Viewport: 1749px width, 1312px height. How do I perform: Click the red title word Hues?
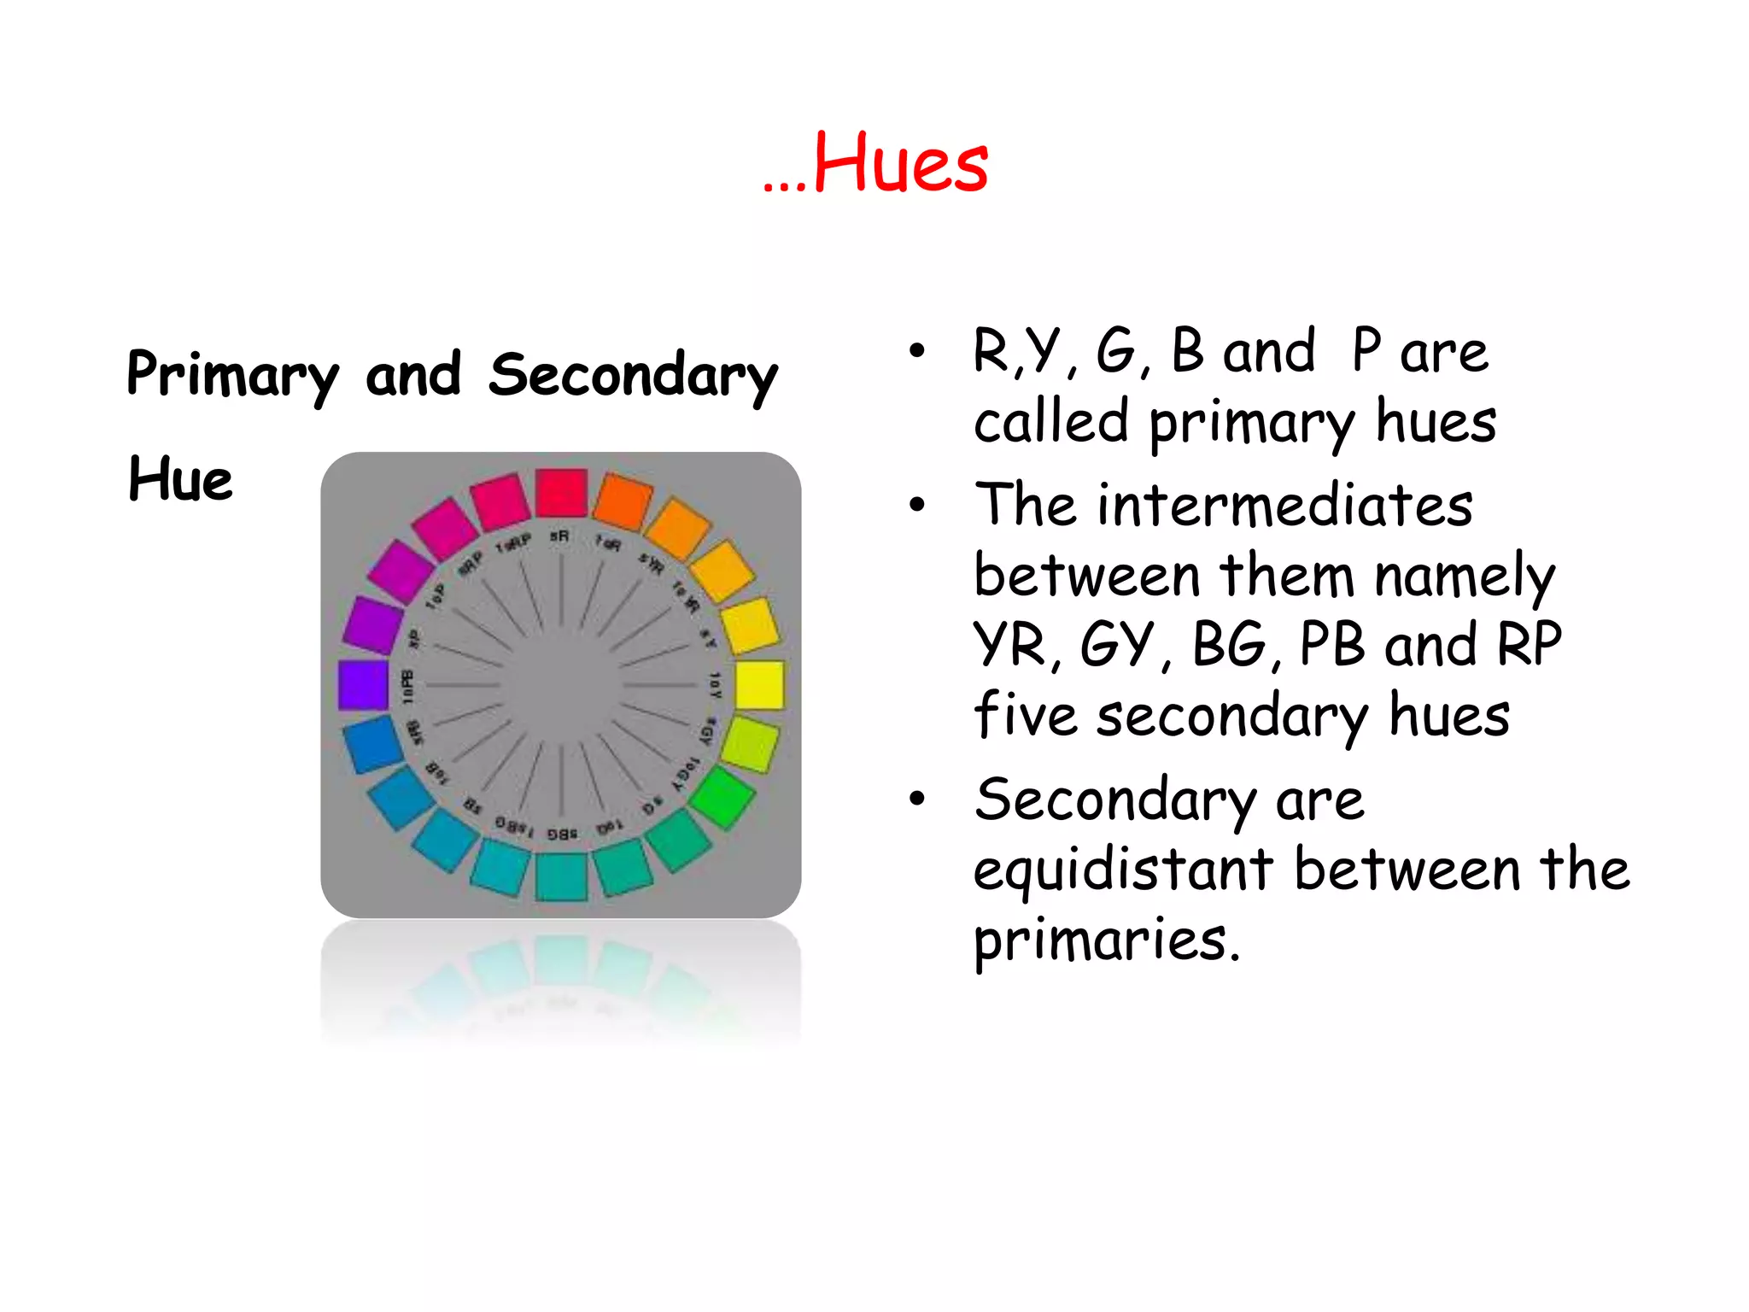(900, 163)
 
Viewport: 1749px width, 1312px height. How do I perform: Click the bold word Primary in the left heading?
(232, 376)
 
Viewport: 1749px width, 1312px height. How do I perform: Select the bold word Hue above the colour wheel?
(180, 479)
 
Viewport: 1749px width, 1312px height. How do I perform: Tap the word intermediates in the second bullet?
(1285, 505)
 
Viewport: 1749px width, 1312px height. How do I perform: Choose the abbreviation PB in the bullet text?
(1331, 645)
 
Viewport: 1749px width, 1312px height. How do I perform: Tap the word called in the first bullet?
(1051, 422)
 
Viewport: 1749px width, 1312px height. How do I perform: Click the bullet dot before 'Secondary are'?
(917, 799)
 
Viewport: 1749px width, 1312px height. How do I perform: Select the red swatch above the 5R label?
(561, 493)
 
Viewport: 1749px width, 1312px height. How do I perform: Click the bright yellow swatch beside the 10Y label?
(759, 684)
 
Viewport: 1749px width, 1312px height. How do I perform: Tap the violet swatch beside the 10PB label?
(364, 684)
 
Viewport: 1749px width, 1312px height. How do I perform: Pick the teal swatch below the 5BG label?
(561, 876)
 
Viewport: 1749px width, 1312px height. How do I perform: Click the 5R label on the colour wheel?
(560, 536)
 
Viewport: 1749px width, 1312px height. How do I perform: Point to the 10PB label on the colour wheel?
(408, 686)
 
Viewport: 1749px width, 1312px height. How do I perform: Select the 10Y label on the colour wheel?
(715, 685)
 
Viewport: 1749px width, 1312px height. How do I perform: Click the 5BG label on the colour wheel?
(562, 834)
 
